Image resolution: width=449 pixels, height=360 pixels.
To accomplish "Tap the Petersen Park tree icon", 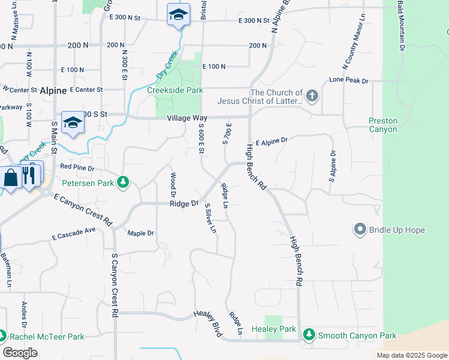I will point(123,182).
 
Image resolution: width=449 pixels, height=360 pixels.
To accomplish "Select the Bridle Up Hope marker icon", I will point(360,229).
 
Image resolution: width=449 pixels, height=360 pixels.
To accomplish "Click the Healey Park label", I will point(273,329).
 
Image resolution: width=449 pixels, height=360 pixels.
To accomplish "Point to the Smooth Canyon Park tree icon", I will point(309,334).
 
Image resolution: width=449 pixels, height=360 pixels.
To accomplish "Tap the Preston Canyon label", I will point(383,125).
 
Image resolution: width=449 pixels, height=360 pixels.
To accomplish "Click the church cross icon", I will point(312,95).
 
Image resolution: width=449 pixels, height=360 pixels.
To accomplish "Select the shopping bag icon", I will point(10,178).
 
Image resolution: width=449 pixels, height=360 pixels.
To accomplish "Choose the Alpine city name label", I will point(53,91).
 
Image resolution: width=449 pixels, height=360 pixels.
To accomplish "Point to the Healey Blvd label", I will point(208,323).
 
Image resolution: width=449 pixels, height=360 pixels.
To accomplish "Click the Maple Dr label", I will point(140,233).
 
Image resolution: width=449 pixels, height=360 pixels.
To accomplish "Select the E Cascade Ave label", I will point(74,233).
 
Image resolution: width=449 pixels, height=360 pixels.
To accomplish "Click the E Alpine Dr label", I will point(271,140).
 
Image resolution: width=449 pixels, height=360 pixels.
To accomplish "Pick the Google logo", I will point(20,353).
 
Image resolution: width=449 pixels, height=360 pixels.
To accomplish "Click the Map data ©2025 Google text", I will point(411,355).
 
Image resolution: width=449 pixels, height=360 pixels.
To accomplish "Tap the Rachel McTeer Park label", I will point(50,337).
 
